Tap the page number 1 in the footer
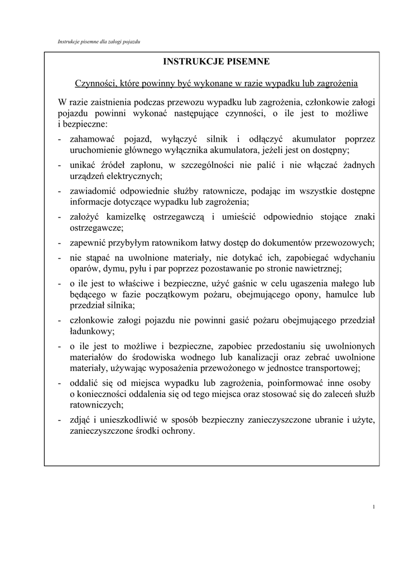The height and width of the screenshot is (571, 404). pos(373,506)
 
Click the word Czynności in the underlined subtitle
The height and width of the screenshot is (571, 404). pos(94,84)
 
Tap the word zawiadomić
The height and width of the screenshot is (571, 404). pos(92,191)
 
